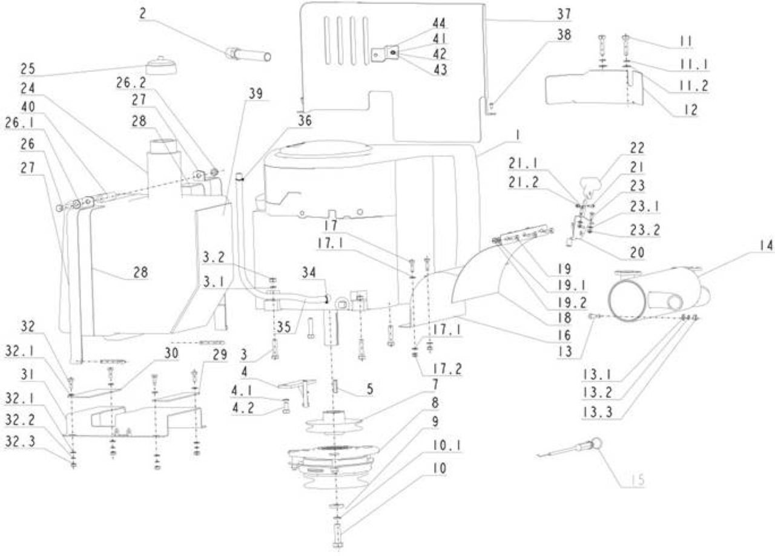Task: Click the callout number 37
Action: pos(564,14)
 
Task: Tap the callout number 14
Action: pos(766,245)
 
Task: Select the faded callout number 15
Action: pos(637,480)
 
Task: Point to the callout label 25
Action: pos(28,68)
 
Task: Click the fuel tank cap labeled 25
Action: pos(161,65)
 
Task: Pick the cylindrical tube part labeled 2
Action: pos(248,55)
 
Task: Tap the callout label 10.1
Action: pos(446,445)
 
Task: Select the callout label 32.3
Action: pos(20,442)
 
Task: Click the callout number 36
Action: pos(305,120)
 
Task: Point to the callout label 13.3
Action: pos(598,412)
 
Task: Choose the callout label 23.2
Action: pos(645,230)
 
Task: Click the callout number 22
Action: pos(637,148)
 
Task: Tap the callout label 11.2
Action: pos(694,85)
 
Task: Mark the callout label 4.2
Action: pos(243,408)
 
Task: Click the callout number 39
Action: pos(256,94)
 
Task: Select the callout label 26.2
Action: pos(131,83)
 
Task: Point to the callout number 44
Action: pos(440,24)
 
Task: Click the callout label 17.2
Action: pos(447,369)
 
